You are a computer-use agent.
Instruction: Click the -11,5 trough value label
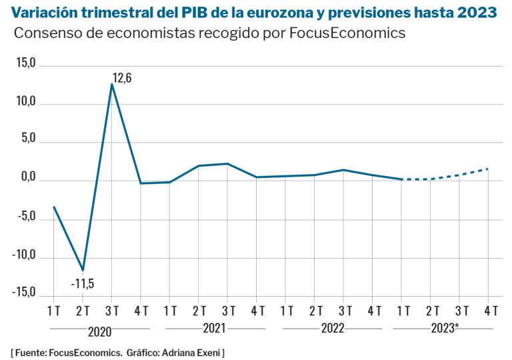coord(83,284)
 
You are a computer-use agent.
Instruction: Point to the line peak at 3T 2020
coord(112,85)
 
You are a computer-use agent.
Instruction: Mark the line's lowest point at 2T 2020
coord(83,270)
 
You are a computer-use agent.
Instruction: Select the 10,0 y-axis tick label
coord(26,104)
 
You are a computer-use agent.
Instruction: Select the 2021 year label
coord(215,329)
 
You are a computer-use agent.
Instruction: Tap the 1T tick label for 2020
coord(54,311)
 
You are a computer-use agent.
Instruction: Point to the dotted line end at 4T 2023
coord(488,169)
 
